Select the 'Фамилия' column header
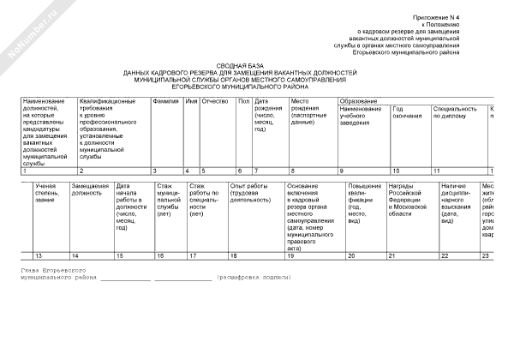coord(165,101)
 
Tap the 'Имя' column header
coord(191,101)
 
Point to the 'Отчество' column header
coord(214,101)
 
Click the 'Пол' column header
coord(243,101)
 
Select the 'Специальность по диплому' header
coord(455,113)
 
